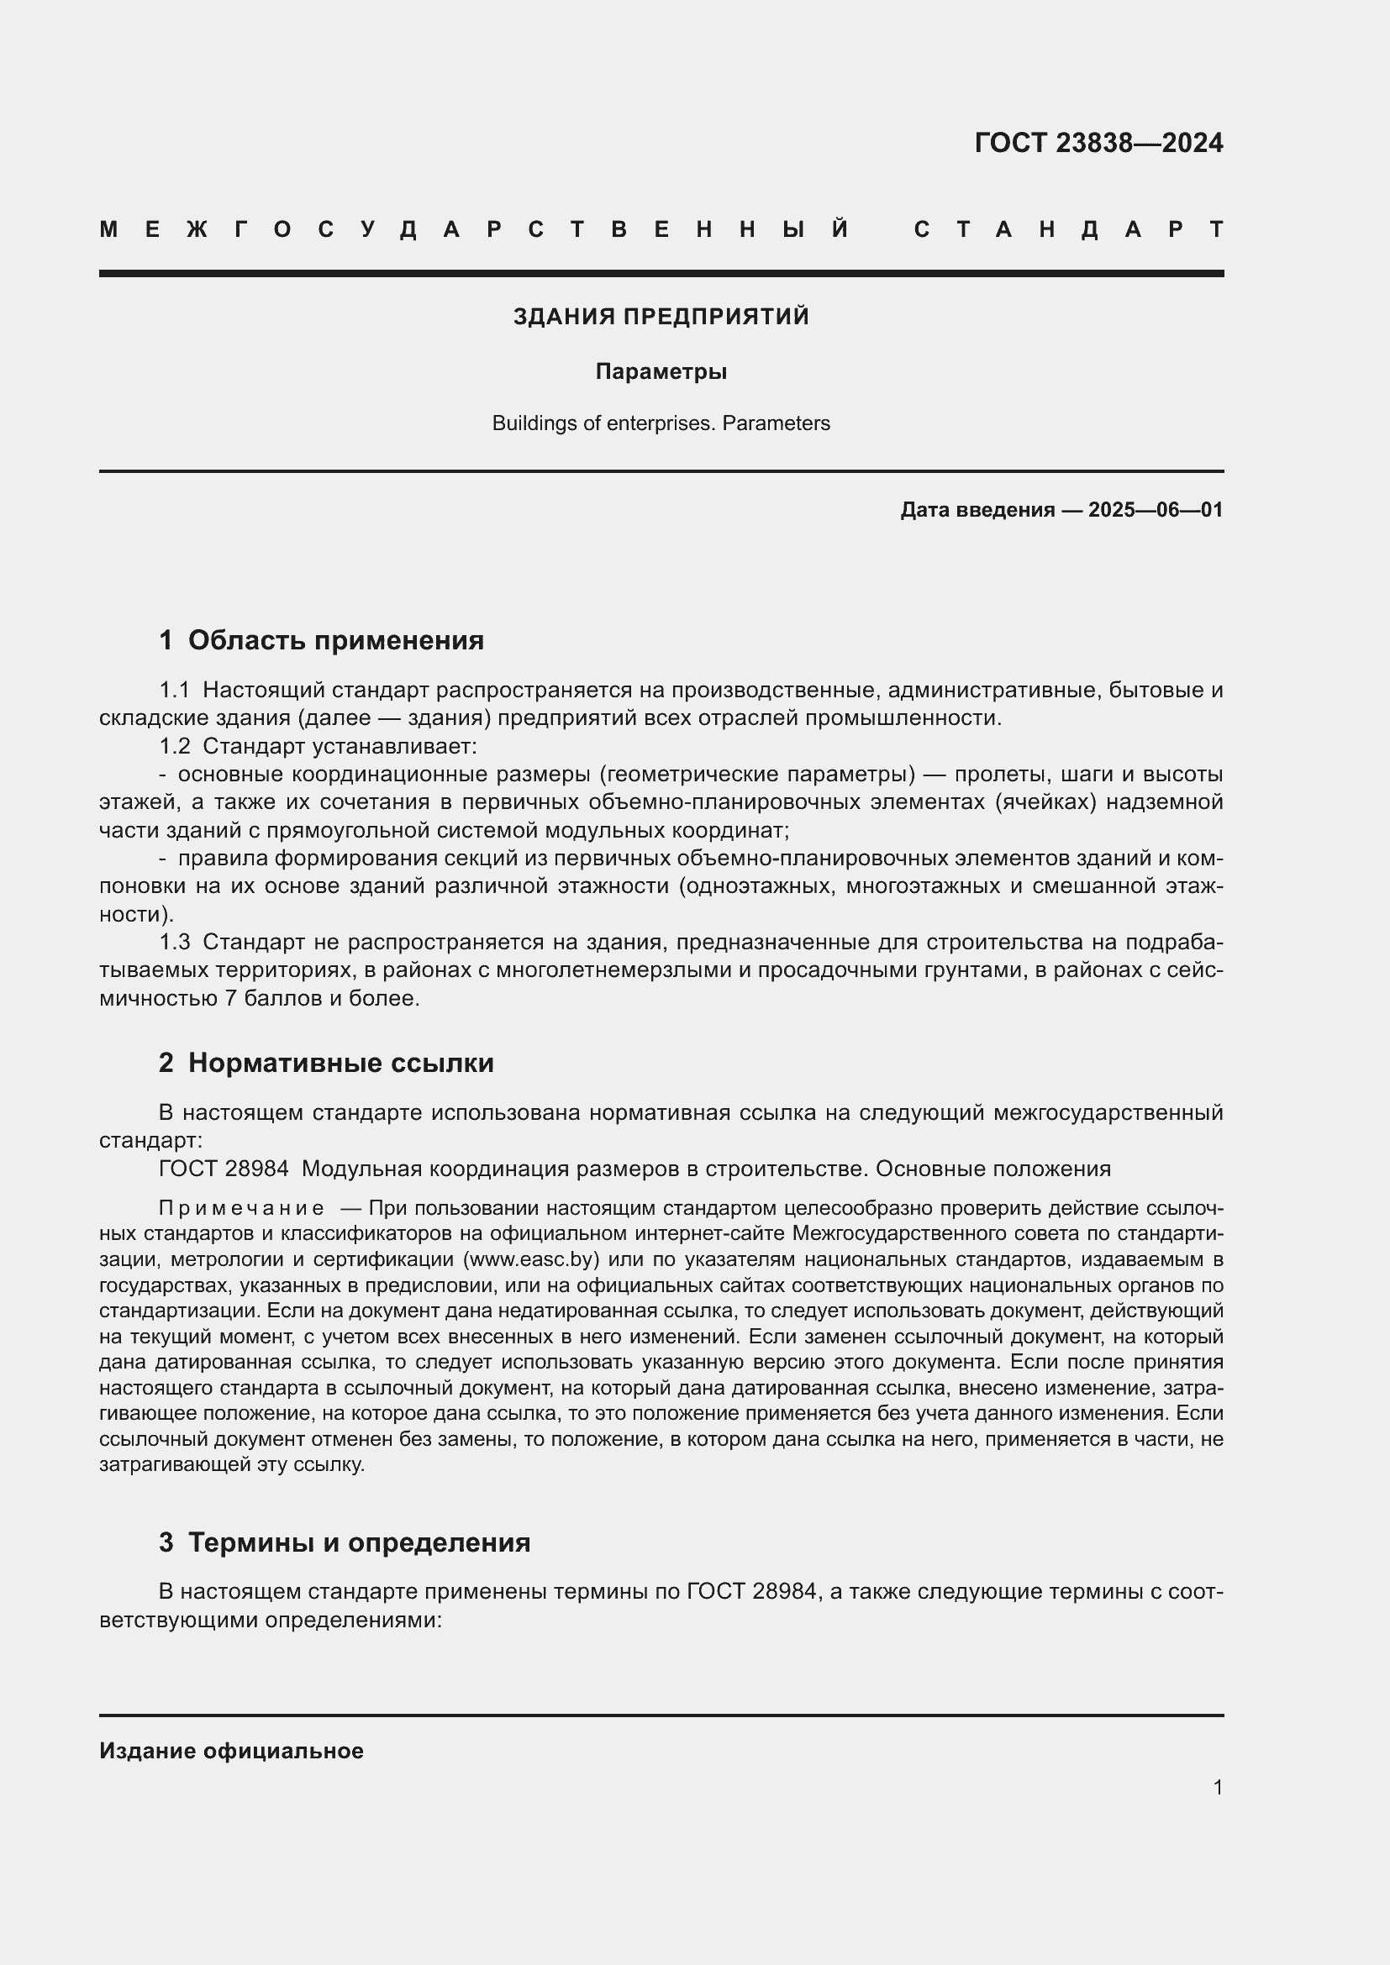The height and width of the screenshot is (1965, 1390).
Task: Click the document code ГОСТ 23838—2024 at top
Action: pos(1098,143)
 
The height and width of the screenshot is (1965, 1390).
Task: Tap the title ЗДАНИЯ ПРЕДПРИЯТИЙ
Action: pos(661,317)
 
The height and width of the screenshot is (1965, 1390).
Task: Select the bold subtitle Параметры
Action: pos(661,371)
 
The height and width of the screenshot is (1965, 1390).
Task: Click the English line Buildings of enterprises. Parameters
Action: pos(661,423)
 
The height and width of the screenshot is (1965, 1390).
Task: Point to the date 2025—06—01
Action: pos(1155,510)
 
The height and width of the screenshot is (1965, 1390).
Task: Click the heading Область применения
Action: pos(335,640)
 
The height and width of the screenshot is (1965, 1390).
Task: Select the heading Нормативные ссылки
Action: pos(340,1063)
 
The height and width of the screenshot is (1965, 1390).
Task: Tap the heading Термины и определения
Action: pos(359,1542)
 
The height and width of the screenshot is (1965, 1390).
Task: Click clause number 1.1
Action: pos(175,690)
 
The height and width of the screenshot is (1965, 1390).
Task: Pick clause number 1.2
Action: pos(175,746)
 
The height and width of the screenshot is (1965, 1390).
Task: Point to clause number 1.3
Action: pos(175,943)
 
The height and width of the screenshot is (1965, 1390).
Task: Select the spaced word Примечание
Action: pos(241,1208)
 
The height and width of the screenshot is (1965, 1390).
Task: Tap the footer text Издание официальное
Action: pos(231,1751)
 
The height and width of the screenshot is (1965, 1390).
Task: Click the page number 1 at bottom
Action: pos(1217,1787)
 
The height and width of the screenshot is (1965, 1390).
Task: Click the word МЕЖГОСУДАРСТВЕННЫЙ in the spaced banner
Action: pos(475,229)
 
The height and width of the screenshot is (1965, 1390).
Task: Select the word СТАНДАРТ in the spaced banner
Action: pos(1069,229)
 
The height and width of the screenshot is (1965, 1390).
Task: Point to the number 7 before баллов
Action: pos(230,998)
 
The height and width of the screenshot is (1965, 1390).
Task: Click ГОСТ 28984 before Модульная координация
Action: pos(224,1169)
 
